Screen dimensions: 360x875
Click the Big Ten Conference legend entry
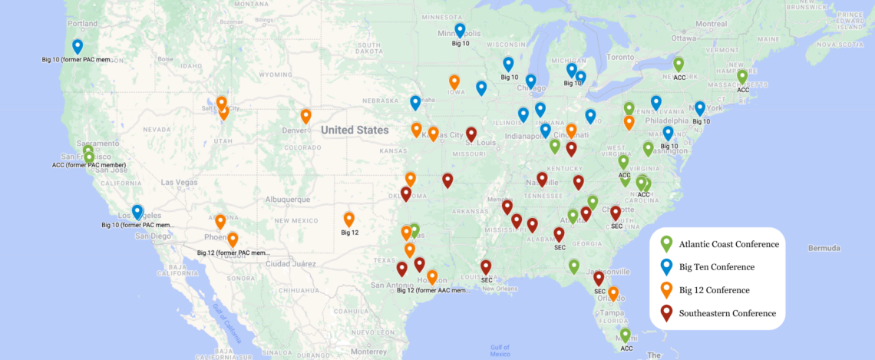pos(717,267)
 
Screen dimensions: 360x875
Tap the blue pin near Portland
pos(78,46)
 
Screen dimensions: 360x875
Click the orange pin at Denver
pos(305,116)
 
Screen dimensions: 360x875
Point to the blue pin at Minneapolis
pos(460,30)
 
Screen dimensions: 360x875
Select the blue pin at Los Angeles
pos(137,211)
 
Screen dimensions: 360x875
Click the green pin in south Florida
pos(626,335)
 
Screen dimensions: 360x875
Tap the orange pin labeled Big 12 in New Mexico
pos(349,219)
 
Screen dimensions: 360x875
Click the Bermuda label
pos(824,248)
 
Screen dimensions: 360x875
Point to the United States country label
pos(355,130)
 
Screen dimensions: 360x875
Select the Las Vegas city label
pos(179,182)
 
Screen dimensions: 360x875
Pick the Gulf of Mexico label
pos(500,350)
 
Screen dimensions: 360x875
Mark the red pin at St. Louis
pos(471,134)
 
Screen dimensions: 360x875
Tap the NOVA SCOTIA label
pos(845,44)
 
